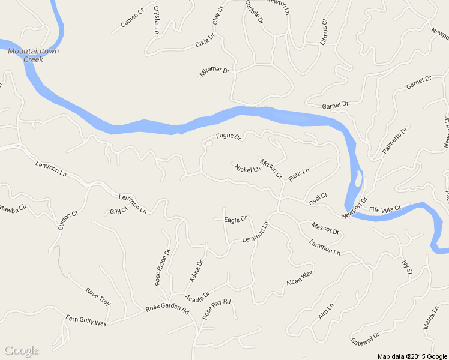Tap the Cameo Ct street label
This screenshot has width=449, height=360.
(133, 20)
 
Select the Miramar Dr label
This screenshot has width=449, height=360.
(214, 73)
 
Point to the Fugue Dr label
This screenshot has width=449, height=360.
(228, 137)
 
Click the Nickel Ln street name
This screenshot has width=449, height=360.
(247, 169)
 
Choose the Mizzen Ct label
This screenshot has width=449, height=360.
(270, 169)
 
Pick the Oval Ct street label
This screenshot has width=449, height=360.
(318, 199)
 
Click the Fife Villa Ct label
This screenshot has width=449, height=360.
(384, 209)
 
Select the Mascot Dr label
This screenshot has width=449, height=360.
(325, 228)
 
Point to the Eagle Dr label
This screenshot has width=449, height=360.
(235, 220)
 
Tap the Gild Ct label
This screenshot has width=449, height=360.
(119, 211)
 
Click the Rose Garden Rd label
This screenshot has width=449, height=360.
(167, 310)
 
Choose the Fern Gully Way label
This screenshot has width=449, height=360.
(86, 320)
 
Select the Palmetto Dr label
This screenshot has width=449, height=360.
(394, 140)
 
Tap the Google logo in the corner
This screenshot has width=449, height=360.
(22, 350)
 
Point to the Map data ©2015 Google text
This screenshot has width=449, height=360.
(412, 356)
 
